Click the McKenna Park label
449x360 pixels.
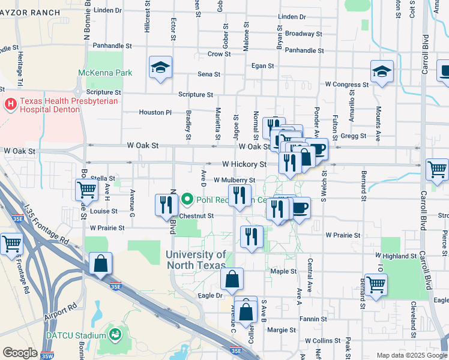104,73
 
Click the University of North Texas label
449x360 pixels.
196,260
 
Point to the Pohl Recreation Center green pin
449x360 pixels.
187,199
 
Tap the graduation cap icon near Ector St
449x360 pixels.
161,68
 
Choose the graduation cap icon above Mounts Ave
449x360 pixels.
382,73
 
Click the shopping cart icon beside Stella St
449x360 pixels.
87,190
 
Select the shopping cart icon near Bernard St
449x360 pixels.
376,285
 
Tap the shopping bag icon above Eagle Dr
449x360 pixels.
232,279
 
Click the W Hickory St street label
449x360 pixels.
244,164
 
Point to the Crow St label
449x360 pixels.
215,54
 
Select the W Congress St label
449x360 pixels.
346,85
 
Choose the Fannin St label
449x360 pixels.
314,319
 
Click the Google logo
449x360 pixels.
20,353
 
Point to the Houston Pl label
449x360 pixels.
155,112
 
